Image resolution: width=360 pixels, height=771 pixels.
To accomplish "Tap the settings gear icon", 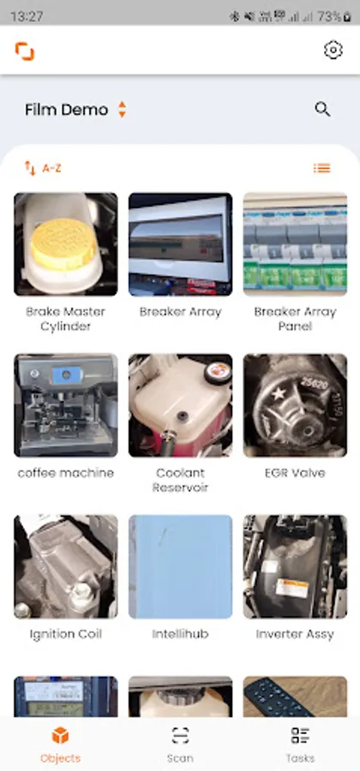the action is (333, 51).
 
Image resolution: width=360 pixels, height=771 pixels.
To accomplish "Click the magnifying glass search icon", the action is (322, 109).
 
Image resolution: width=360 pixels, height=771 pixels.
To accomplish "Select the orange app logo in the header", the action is (25, 51).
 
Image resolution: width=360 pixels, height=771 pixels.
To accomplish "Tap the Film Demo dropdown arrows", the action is (122, 109).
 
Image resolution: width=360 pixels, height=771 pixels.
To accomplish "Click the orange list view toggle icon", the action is (322, 169).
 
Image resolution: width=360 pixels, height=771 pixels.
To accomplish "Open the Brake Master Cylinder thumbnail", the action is (66, 244).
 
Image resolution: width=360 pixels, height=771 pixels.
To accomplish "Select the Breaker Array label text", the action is (181, 312).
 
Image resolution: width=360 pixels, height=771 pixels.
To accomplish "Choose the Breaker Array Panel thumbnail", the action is (295, 244).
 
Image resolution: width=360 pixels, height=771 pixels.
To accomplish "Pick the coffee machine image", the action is (66, 406).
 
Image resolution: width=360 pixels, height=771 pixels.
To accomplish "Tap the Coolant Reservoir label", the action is (181, 480).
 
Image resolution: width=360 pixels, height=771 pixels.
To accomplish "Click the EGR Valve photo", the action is (295, 406).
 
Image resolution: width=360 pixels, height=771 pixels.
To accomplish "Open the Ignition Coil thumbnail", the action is (66, 566).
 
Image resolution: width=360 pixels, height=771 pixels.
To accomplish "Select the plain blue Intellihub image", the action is (181, 566).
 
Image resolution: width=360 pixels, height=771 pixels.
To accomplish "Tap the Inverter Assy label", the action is (295, 634).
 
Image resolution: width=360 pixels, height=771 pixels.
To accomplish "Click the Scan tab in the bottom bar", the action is (180, 745).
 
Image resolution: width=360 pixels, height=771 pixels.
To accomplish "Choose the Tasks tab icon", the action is (300, 736).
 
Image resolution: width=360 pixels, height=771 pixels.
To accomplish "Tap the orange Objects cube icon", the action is (61, 736).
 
